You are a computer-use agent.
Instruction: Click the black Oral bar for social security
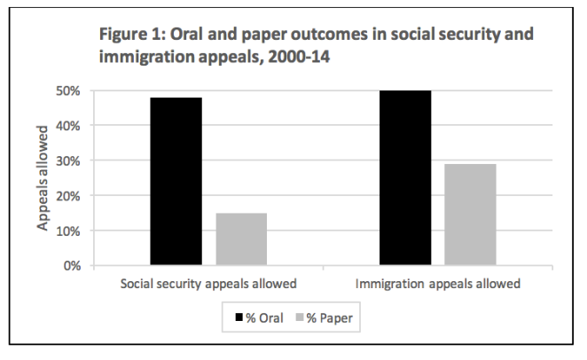click(176, 182)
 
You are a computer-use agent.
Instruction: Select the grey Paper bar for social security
click(241, 239)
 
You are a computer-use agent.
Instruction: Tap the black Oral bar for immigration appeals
click(405, 177)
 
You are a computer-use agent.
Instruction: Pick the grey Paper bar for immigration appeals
click(470, 215)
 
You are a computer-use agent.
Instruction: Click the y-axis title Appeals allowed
click(42, 177)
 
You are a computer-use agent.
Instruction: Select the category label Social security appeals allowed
click(208, 286)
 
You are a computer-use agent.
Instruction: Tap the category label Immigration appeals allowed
click(438, 286)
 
